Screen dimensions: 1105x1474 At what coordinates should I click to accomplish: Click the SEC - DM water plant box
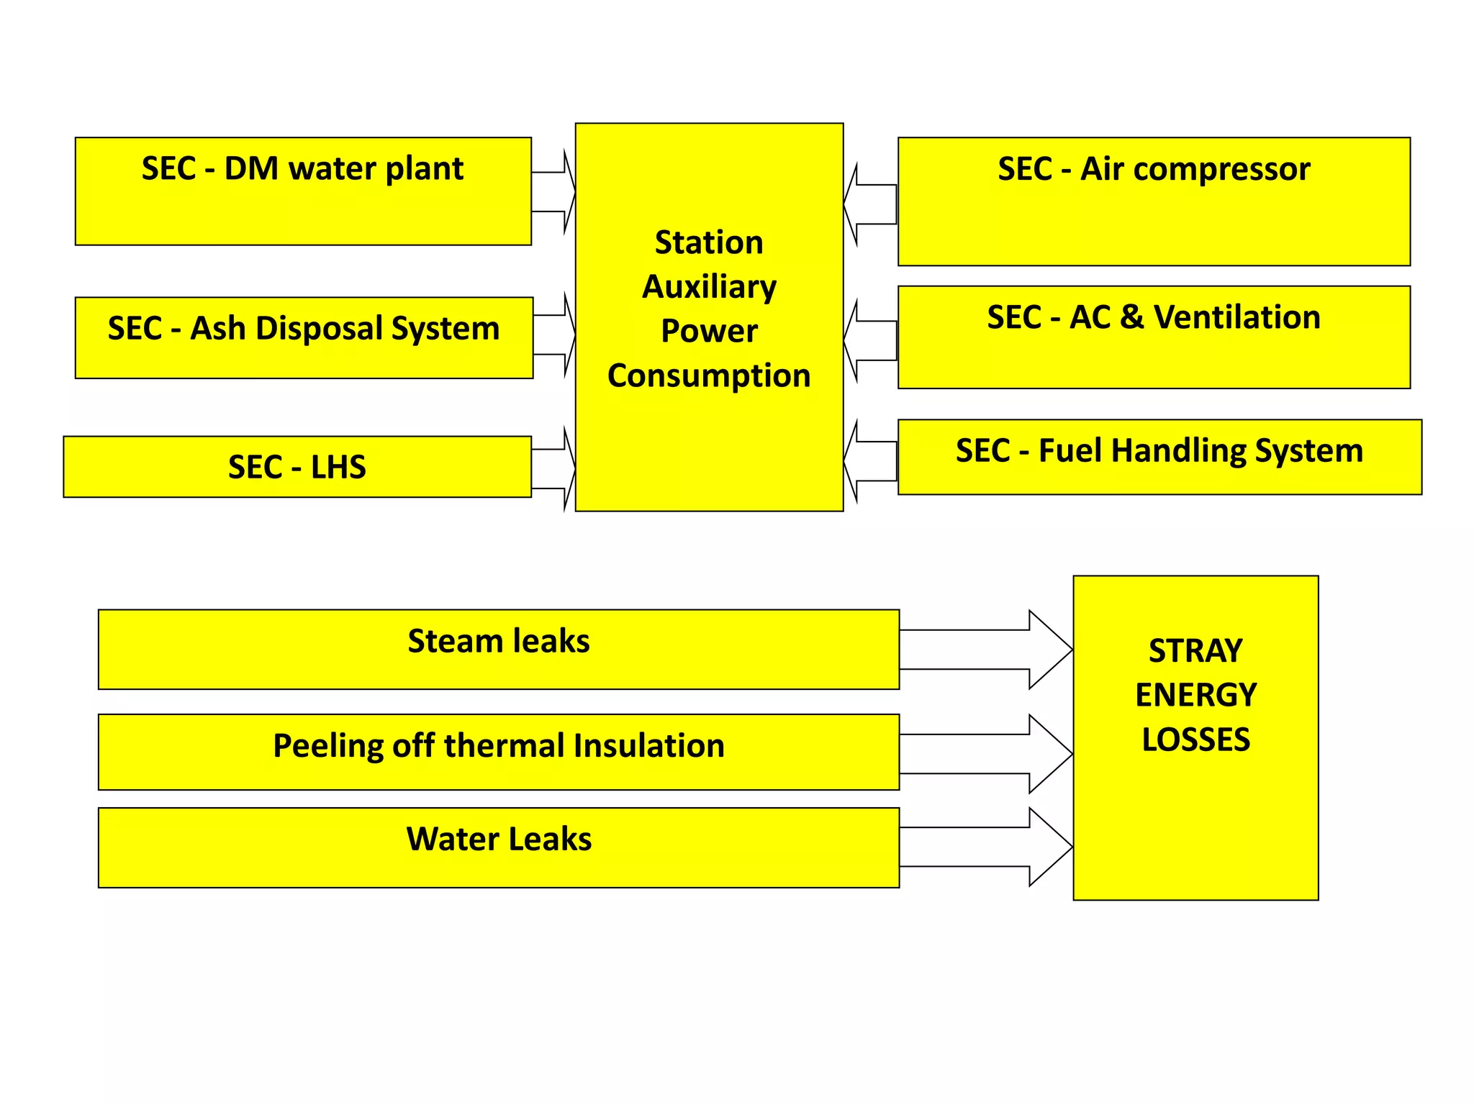click(x=303, y=191)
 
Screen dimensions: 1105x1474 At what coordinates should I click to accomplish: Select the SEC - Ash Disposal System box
click(x=304, y=337)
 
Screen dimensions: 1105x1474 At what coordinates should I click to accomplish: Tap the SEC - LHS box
click(x=297, y=467)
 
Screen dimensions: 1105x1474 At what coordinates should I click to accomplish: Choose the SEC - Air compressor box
click(x=1154, y=201)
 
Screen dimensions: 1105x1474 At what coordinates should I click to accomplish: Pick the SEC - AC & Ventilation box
click(x=1154, y=337)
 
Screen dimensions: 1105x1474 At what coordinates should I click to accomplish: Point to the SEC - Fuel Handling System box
click(x=1159, y=457)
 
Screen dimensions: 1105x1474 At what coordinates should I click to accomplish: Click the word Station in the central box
click(x=709, y=242)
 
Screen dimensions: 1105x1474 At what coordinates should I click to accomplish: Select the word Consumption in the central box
click(x=709, y=376)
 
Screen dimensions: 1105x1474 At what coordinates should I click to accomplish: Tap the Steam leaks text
click(x=499, y=641)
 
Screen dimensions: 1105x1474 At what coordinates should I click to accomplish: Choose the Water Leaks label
click(x=499, y=839)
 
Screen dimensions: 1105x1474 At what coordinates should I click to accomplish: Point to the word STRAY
click(x=1195, y=651)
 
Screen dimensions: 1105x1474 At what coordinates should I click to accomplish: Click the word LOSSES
click(x=1195, y=740)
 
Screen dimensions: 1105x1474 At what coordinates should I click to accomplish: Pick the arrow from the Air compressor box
click(x=871, y=204)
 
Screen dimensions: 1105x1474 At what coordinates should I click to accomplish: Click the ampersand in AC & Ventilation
click(x=1132, y=317)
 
